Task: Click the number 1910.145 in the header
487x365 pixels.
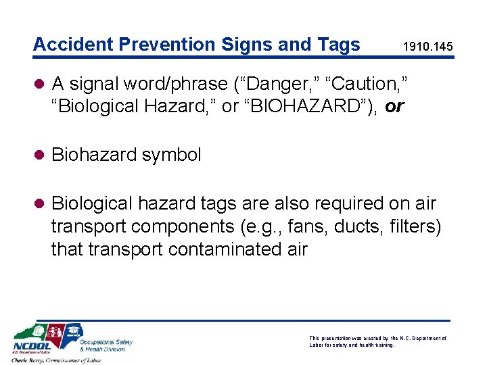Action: tap(427, 48)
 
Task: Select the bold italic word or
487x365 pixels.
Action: tap(394, 107)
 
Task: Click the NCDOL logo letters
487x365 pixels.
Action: tap(31, 350)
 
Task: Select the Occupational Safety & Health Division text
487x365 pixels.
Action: tap(106, 345)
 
